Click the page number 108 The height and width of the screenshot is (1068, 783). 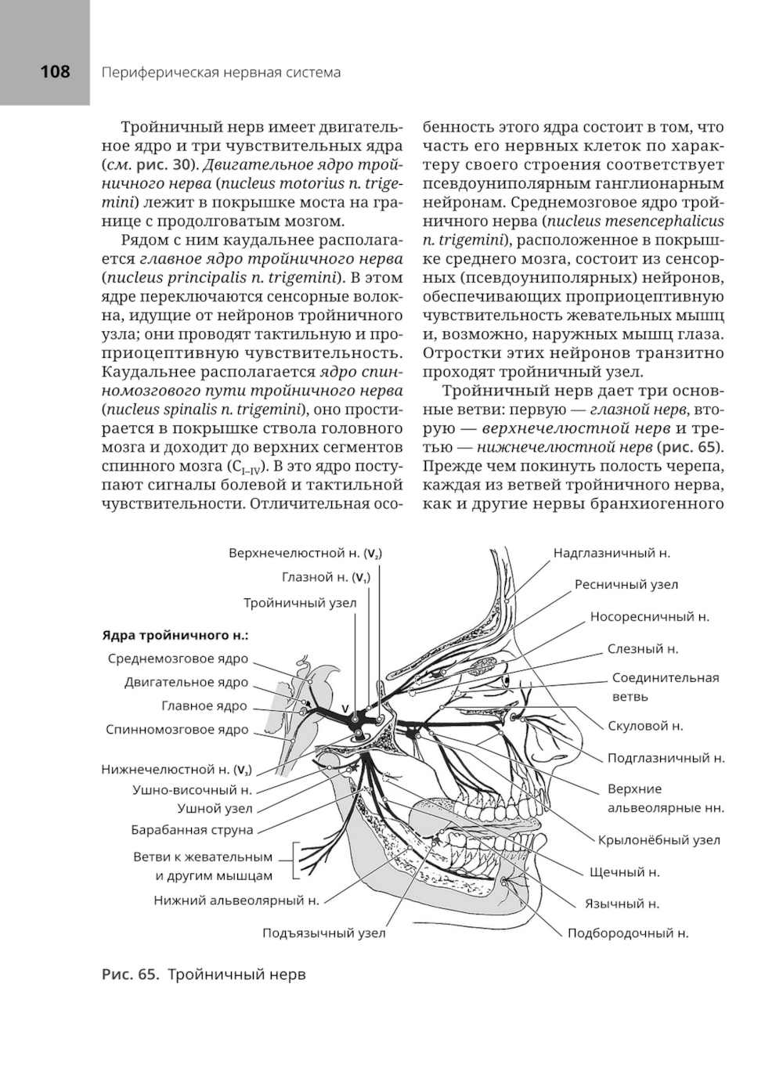[55, 72]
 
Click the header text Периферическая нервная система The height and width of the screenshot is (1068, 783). [221, 73]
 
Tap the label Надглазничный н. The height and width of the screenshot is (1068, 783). [612, 553]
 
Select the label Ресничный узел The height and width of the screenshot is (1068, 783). [626, 584]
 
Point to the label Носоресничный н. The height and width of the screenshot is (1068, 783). [649, 616]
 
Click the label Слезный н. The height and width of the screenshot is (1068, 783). [643, 648]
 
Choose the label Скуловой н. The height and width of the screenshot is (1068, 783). [645, 726]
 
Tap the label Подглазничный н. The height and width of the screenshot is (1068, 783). [666, 758]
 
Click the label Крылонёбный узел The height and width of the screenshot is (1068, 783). [659, 840]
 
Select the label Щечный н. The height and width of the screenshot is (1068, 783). [624, 871]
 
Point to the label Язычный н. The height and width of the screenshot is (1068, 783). [622, 904]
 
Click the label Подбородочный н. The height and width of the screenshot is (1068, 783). [628, 933]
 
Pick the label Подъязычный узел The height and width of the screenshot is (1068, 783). [323, 933]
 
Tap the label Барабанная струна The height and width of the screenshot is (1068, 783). [192, 829]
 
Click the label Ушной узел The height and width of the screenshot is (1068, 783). [215, 808]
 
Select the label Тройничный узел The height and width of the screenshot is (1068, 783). [299, 603]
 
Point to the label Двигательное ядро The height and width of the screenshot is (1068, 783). [186, 682]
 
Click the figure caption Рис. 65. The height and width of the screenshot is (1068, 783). [130, 975]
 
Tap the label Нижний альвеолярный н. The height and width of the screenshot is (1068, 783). [236, 900]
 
